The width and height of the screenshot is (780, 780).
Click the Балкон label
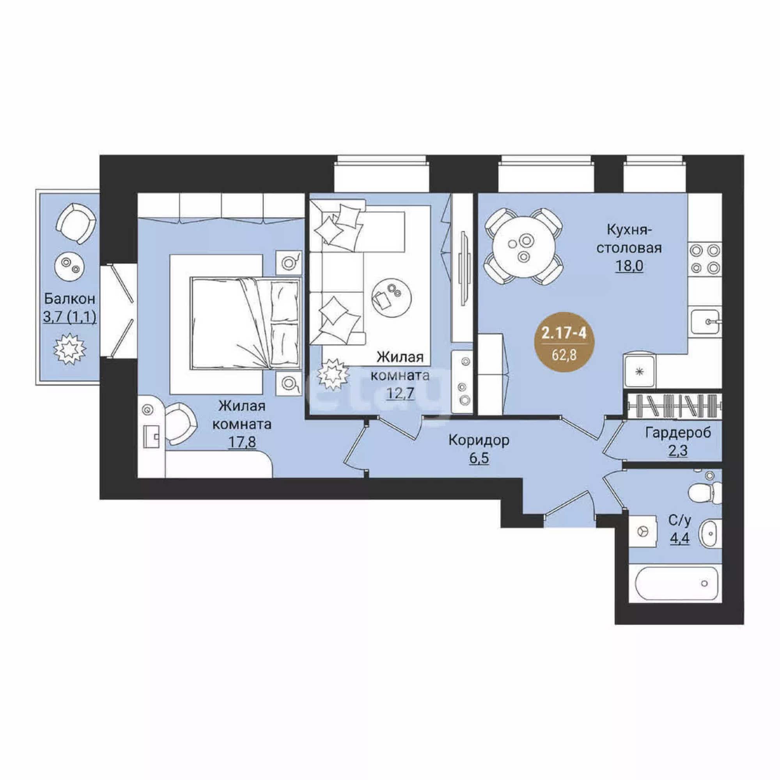coord(70,299)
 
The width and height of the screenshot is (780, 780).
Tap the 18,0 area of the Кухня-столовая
coord(629,266)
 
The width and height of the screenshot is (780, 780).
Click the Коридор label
coord(479,440)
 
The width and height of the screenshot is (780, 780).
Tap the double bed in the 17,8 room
coord(245,323)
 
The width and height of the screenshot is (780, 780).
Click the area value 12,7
coord(401,392)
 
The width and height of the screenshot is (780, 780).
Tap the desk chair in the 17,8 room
coord(179,424)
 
